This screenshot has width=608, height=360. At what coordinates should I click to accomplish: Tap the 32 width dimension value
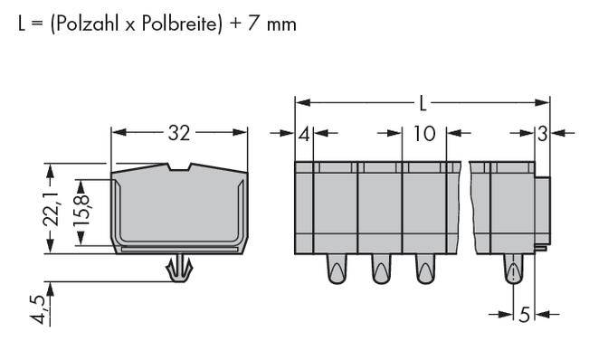pyautogui.click(x=179, y=134)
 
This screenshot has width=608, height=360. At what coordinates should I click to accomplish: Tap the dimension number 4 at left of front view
pyautogui.click(x=304, y=135)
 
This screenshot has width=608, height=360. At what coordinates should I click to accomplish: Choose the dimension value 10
pyautogui.click(x=423, y=135)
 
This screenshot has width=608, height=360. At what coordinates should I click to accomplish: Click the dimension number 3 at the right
pyautogui.click(x=542, y=135)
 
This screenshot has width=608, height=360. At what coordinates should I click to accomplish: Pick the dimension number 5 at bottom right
pyautogui.click(x=524, y=315)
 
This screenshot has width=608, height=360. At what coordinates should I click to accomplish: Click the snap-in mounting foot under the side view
pyautogui.click(x=179, y=268)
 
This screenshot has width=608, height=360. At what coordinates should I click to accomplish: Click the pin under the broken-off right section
pyautogui.click(x=513, y=270)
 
